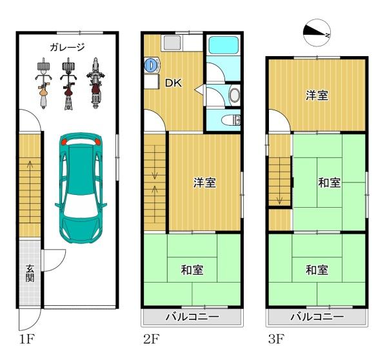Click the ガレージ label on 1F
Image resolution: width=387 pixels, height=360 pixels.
coord(67,47)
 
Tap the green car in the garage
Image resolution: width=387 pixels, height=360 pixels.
coord(81,188)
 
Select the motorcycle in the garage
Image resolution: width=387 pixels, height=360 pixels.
coord(95,83)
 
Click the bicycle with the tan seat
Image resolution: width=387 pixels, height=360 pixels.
coord(44,83)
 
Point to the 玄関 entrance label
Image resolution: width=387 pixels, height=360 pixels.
coord(30,274)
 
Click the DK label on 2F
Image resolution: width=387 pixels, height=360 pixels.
coord(174,83)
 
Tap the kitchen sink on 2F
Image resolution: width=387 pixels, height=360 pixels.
coord(172,43)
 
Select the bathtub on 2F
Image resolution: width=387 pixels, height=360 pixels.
coord(224,45)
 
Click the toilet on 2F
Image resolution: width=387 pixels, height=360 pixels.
coord(231,121)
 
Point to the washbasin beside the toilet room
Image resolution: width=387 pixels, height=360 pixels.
coord(234,95)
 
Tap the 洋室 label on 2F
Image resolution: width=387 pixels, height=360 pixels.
coord(204,183)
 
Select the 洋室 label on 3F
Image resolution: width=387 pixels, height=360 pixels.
coord(317,95)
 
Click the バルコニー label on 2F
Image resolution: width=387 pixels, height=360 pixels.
coord(192,317)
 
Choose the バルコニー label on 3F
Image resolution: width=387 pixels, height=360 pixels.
coord(317,317)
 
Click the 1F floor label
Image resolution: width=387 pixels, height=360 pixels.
coord(26,339)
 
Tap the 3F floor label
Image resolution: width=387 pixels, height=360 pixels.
coord(276,339)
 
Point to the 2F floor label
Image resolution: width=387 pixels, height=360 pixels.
coord(152,339)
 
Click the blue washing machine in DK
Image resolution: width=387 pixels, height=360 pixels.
coord(151,65)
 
